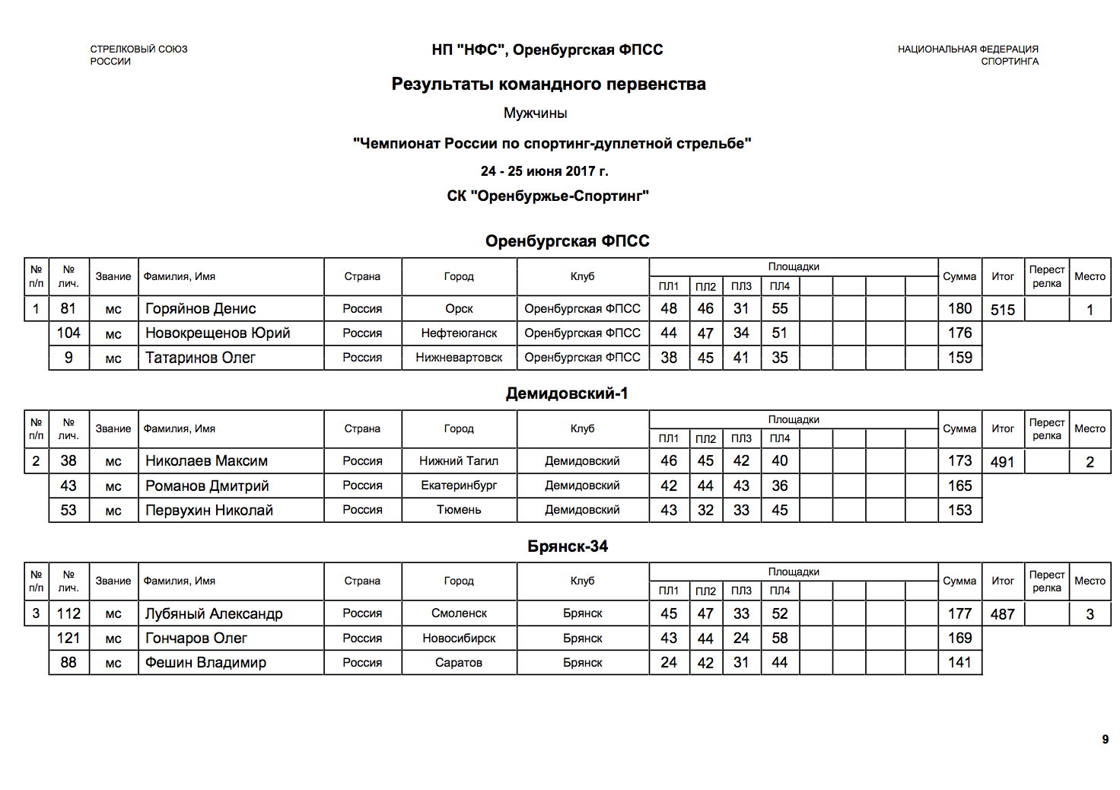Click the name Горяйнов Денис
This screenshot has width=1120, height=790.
(200, 308)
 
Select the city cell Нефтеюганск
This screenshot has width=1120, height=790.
(459, 333)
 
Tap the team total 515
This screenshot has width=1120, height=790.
(1003, 310)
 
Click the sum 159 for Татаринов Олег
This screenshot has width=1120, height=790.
(959, 357)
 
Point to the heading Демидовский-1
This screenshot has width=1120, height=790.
(567, 393)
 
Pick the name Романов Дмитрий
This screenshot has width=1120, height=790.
(207, 486)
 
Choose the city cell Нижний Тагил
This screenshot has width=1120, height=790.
(459, 460)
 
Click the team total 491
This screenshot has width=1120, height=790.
(1003, 462)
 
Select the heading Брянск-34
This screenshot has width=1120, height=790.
(567, 546)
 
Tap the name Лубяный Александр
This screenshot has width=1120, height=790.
(214, 613)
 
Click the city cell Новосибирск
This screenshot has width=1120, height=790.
(459, 638)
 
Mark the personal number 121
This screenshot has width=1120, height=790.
(68, 638)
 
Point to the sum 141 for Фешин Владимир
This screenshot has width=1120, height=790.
(959, 662)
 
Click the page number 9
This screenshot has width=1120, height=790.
(1105, 739)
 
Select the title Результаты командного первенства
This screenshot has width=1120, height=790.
(549, 84)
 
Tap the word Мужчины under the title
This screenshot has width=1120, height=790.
(535, 113)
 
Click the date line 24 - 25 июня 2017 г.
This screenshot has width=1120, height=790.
(544, 171)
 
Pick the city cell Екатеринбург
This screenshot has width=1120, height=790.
(459, 486)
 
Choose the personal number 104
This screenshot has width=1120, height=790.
(68, 333)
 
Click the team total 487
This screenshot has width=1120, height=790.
(1003, 614)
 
